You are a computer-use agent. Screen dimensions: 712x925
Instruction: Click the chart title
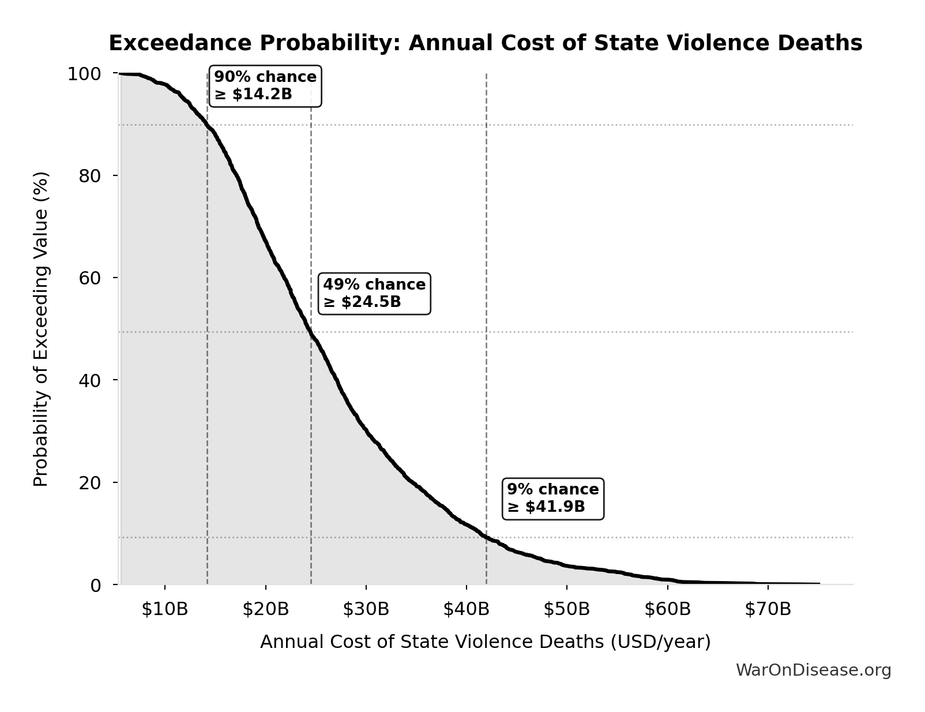point(485,43)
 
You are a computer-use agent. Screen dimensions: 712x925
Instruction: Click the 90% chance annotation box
point(265,85)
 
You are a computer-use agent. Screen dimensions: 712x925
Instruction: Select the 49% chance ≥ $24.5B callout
point(374,293)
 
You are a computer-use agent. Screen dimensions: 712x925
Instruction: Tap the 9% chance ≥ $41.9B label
point(553,498)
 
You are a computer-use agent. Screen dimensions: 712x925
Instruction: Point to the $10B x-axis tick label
point(165,609)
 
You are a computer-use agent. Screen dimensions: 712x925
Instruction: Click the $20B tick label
point(265,609)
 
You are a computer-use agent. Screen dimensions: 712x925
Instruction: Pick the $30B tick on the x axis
point(366,609)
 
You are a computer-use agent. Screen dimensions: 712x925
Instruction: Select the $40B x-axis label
point(466,609)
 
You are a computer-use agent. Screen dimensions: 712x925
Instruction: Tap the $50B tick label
point(566,609)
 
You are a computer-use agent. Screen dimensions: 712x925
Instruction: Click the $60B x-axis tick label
point(667,609)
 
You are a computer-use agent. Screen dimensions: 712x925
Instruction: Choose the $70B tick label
point(768,609)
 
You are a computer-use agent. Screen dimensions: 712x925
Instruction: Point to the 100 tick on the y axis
point(84,74)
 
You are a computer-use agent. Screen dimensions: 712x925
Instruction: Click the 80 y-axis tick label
point(90,175)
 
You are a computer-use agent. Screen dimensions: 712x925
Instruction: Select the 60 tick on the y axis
point(90,278)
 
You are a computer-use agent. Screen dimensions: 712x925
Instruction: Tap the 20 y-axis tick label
point(90,482)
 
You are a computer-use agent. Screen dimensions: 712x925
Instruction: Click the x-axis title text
point(485,642)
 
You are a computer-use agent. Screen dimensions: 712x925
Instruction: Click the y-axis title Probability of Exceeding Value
point(41,329)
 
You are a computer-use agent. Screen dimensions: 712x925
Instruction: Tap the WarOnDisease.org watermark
point(813,670)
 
